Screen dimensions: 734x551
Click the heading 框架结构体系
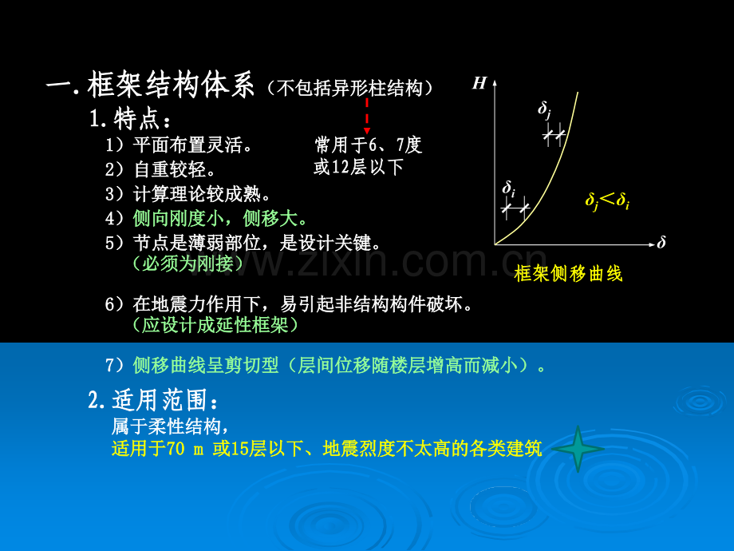[x=171, y=85]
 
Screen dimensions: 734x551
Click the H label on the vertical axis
[x=479, y=83]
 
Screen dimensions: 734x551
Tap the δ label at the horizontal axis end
[x=661, y=242]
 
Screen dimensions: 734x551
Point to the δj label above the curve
[x=544, y=109]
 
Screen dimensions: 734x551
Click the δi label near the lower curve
[x=508, y=188]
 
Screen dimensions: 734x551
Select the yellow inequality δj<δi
[x=607, y=200]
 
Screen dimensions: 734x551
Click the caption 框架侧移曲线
[x=568, y=274]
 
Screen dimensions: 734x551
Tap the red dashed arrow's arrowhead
[x=367, y=131]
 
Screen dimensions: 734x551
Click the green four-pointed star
[x=578, y=449]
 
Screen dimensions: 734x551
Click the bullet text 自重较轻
[x=170, y=169]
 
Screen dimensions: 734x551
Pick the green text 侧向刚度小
[x=179, y=218]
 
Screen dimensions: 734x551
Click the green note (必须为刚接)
[x=188, y=264]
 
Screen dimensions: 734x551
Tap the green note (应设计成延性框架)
[x=215, y=325]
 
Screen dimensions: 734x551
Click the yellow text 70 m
[x=185, y=449]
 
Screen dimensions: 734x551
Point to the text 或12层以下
[x=358, y=167]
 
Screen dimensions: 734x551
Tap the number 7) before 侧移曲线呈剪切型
[x=114, y=365]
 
